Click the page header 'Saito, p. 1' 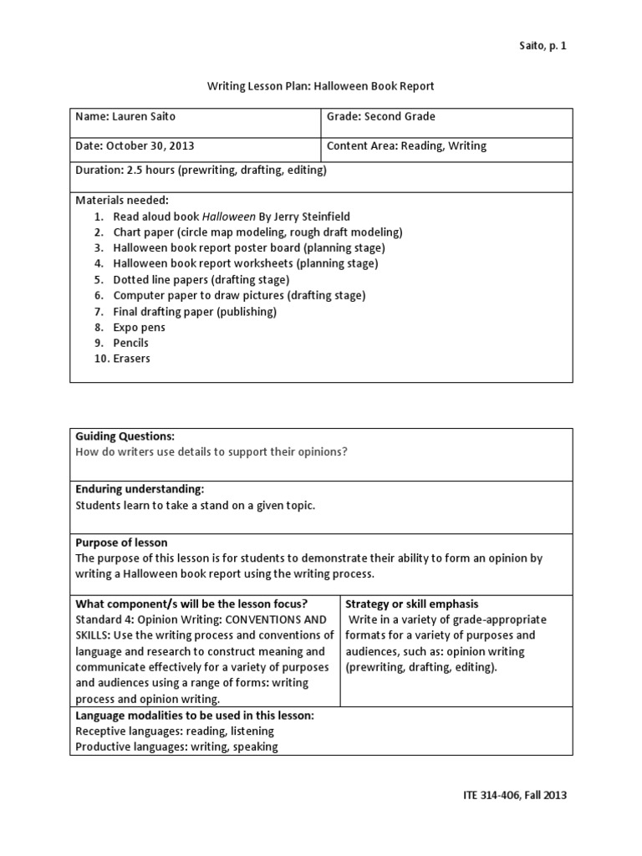(541, 45)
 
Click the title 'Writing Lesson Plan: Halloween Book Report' (320, 86)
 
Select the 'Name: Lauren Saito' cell (127, 117)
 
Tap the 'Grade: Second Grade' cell (380, 117)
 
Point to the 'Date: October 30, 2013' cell (135, 145)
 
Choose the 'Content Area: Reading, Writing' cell (406, 145)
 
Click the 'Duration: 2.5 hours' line (201, 170)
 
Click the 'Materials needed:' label (122, 201)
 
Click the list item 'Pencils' (131, 343)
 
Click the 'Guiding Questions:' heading (125, 436)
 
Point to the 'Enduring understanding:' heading (140, 489)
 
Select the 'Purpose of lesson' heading (121, 543)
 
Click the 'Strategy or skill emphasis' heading (411, 604)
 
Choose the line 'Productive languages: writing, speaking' (176, 746)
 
